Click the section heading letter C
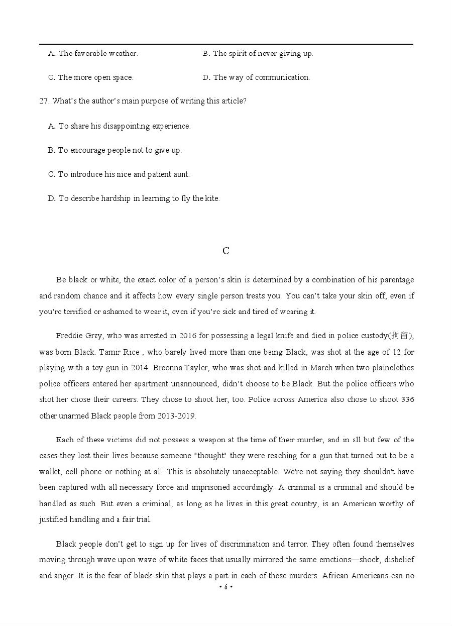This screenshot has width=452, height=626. (x=226, y=251)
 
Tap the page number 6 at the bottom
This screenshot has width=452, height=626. (x=226, y=587)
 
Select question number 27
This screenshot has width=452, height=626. (x=44, y=101)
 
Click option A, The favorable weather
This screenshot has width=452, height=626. (x=93, y=53)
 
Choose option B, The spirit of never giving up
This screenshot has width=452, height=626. (x=258, y=53)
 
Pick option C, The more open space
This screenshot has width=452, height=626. (x=90, y=77)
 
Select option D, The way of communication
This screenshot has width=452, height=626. (x=256, y=77)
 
